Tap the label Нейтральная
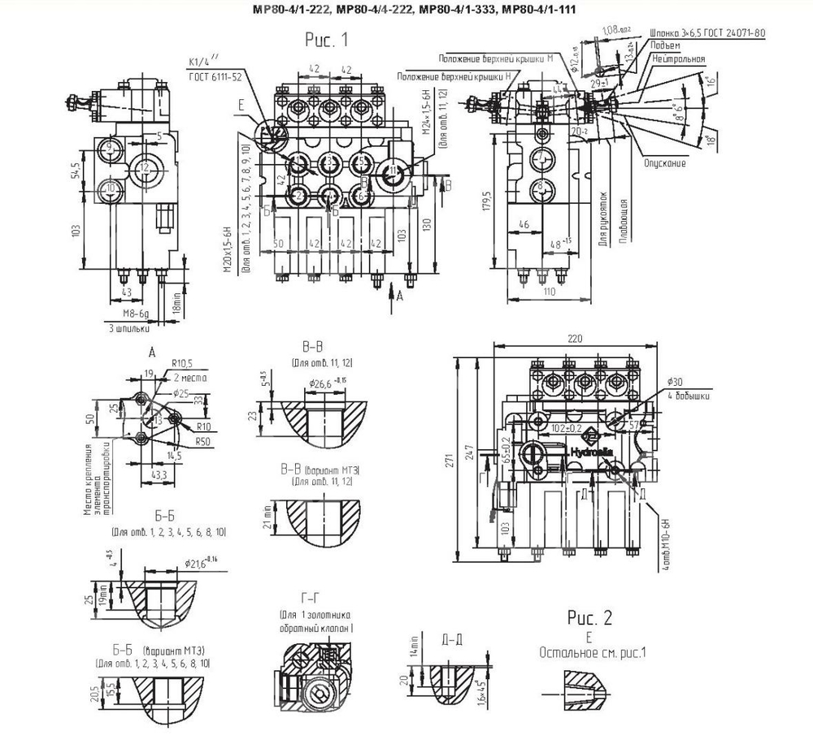point(677,60)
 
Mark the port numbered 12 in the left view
point(143,168)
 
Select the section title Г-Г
point(310,598)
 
